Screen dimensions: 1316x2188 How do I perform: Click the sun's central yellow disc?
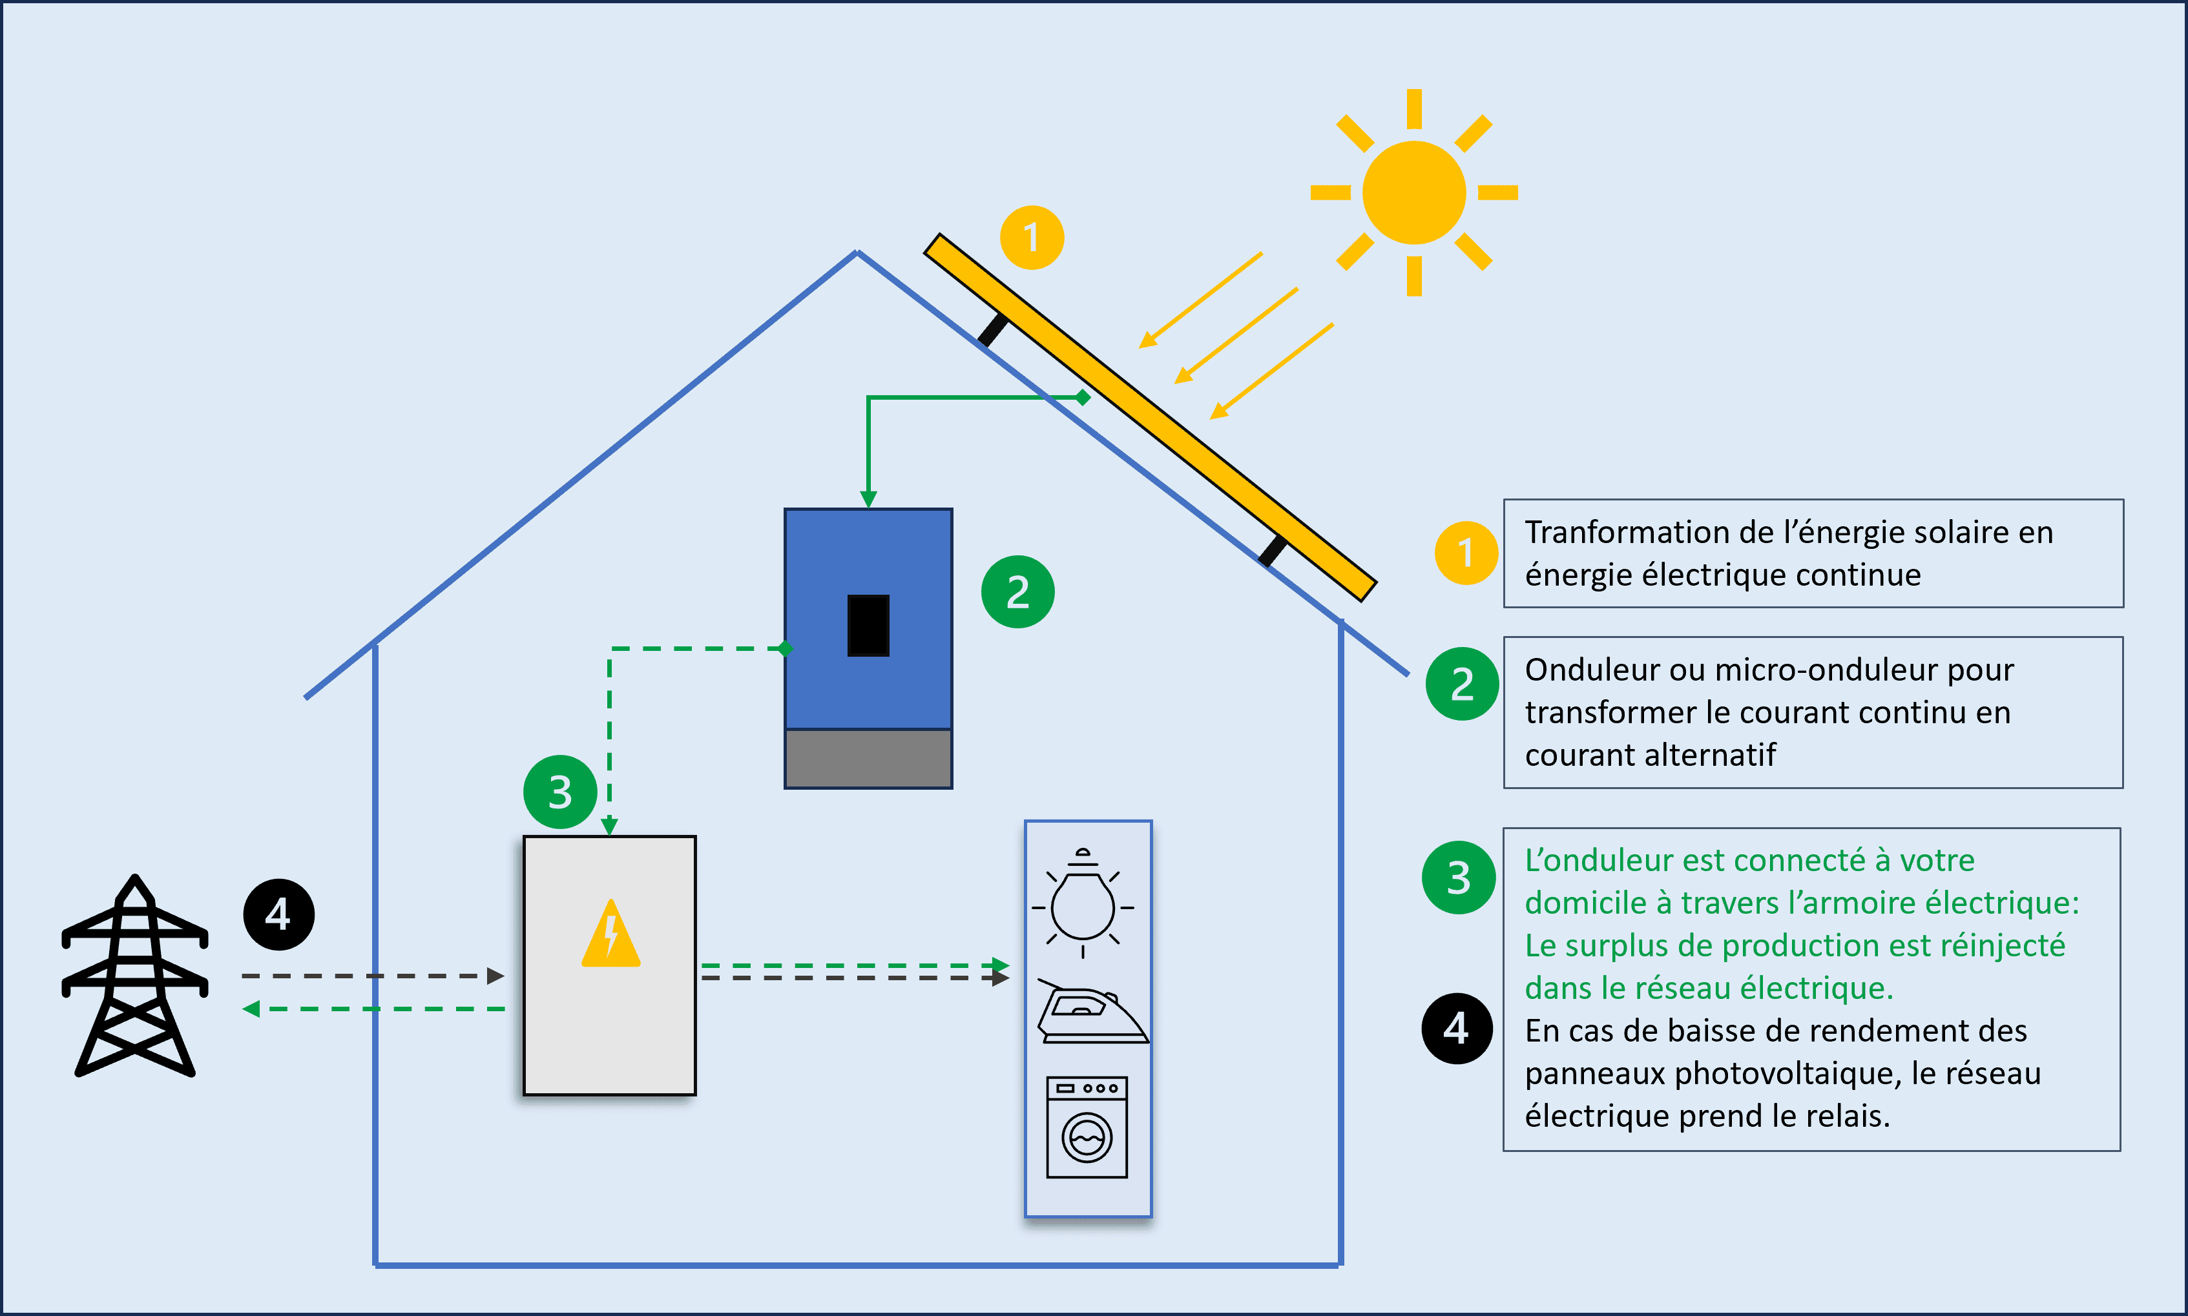(x=1413, y=192)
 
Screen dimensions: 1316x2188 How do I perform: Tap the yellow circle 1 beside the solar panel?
(x=1032, y=238)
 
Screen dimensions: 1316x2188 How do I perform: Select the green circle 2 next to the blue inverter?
(x=1017, y=592)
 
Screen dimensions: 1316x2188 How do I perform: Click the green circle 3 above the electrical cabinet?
(x=559, y=792)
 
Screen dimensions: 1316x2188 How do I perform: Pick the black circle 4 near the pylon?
(x=278, y=914)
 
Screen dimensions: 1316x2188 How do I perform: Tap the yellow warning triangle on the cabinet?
(x=610, y=936)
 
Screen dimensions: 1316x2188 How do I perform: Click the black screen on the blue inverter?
(x=868, y=625)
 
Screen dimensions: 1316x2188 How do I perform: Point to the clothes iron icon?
(x=1090, y=1014)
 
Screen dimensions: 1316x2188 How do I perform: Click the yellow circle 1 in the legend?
(x=1466, y=553)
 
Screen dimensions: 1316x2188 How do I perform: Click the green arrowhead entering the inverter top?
(x=868, y=499)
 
